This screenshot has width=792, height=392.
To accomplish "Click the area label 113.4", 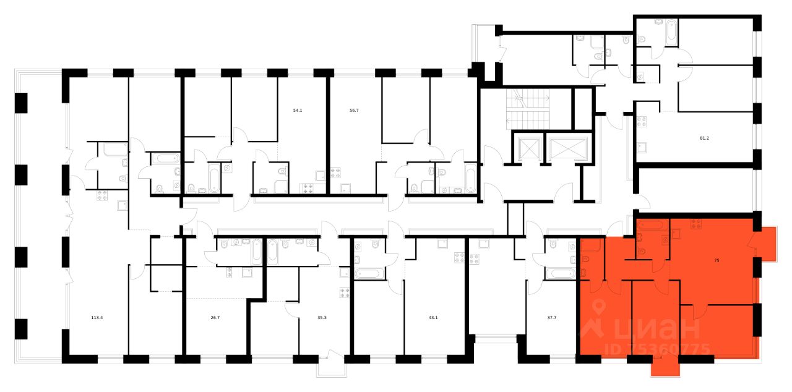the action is click(97, 319).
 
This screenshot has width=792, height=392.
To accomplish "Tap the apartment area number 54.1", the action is click(298, 111).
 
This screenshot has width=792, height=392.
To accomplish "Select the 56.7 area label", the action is click(354, 111).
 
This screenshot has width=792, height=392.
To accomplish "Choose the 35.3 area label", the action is click(321, 319).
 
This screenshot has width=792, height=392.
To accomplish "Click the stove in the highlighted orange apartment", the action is click(695, 224).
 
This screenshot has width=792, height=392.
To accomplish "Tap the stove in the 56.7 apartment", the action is click(336, 174).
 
